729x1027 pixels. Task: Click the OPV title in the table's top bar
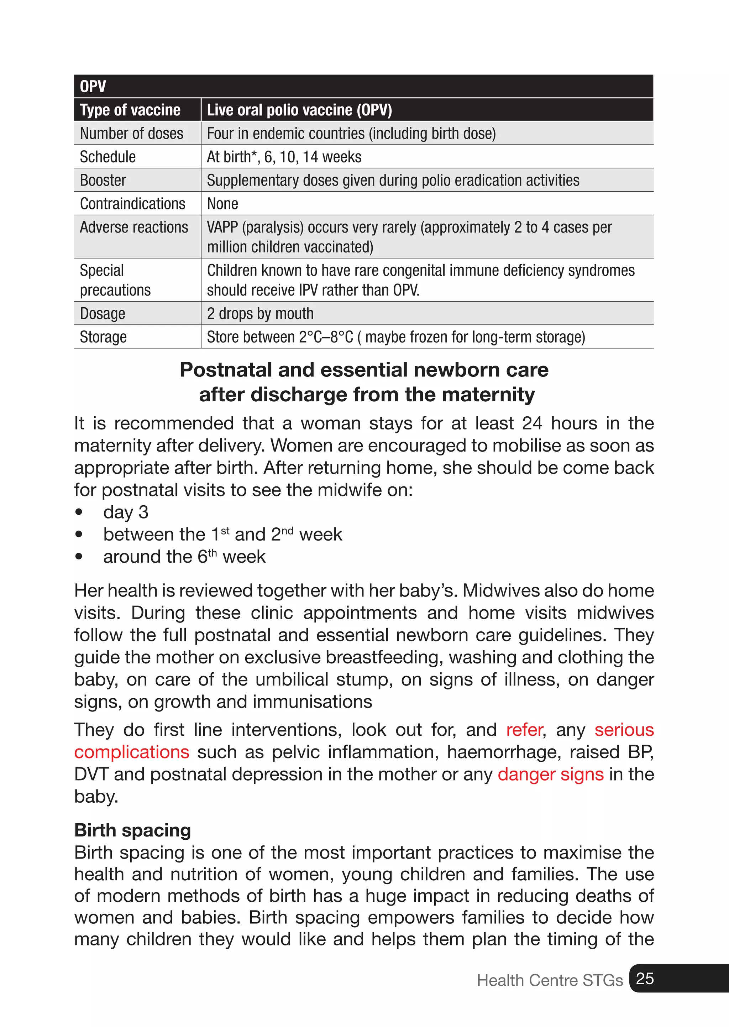(93, 86)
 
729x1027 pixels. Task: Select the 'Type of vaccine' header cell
(130, 110)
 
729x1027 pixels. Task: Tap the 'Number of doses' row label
(131, 134)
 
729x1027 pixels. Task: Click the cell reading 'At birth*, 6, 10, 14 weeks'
(284, 157)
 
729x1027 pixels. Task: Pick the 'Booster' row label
(103, 180)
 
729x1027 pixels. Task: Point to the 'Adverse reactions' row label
(134, 227)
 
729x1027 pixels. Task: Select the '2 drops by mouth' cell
(260, 313)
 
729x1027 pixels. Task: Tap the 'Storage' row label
(103, 337)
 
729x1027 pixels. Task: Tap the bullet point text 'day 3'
(126, 512)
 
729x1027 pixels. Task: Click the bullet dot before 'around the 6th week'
(79, 557)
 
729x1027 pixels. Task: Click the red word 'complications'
(131, 752)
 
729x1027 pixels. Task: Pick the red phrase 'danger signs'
(551, 775)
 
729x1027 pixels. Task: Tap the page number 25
(645, 979)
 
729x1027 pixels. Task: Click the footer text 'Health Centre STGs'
(550, 980)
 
